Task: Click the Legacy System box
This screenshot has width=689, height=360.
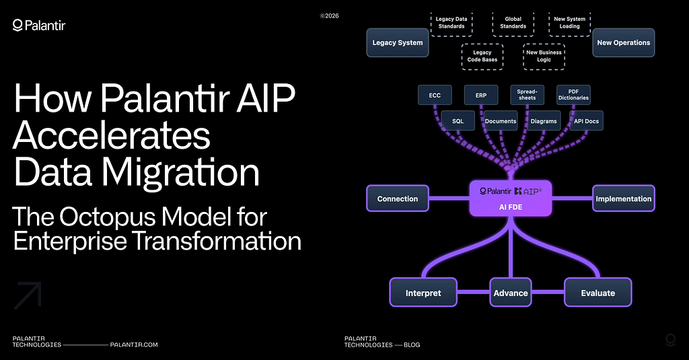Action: pos(398,42)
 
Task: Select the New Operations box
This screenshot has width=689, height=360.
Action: pos(623,42)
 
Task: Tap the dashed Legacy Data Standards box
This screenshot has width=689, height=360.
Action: pos(450,22)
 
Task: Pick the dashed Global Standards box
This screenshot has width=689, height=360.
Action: pos(513,22)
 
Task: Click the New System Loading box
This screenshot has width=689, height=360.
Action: pos(569,22)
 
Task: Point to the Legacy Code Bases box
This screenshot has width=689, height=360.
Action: pos(482,56)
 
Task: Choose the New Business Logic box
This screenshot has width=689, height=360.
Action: pos(544,56)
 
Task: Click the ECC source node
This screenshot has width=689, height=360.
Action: pos(435,95)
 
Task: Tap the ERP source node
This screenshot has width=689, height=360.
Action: pos(481,95)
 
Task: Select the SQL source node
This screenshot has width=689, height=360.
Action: pos(458,121)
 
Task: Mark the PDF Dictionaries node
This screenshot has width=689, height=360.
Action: pos(573,95)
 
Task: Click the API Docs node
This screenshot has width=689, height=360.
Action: pos(585,121)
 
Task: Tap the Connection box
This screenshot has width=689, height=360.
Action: pos(398,199)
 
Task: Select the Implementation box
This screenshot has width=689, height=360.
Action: pos(624,199)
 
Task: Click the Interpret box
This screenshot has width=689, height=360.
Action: pos(423,293)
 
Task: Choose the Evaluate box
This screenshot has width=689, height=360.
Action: pos(597,293)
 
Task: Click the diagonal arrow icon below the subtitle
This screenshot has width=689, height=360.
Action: pos(28,295)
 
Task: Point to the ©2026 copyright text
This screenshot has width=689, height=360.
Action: pos(329,15)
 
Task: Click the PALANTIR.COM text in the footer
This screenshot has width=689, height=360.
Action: pos(133,345)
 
